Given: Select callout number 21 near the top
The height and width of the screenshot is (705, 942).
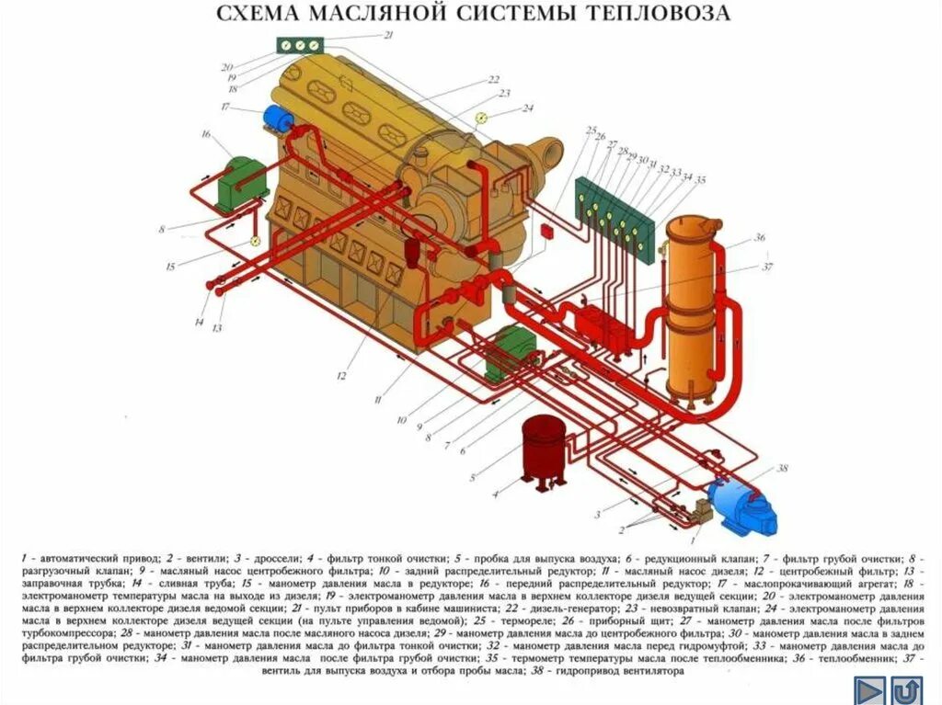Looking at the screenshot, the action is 387,35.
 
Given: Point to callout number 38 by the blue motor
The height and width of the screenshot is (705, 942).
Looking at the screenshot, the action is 783,469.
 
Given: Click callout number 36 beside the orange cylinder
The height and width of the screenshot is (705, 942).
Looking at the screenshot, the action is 760,237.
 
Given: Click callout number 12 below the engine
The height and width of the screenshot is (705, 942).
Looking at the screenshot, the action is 340,375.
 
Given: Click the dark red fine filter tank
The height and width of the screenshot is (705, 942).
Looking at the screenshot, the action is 544,446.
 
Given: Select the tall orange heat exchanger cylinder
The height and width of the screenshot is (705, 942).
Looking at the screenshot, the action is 693,303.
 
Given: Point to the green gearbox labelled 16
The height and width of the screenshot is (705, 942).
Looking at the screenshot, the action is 241,184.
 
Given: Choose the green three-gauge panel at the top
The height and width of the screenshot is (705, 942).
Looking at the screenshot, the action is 300,44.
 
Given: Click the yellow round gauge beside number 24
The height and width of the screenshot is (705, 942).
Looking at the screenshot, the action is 481,118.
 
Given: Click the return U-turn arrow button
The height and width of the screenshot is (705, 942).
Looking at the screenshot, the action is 907,690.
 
